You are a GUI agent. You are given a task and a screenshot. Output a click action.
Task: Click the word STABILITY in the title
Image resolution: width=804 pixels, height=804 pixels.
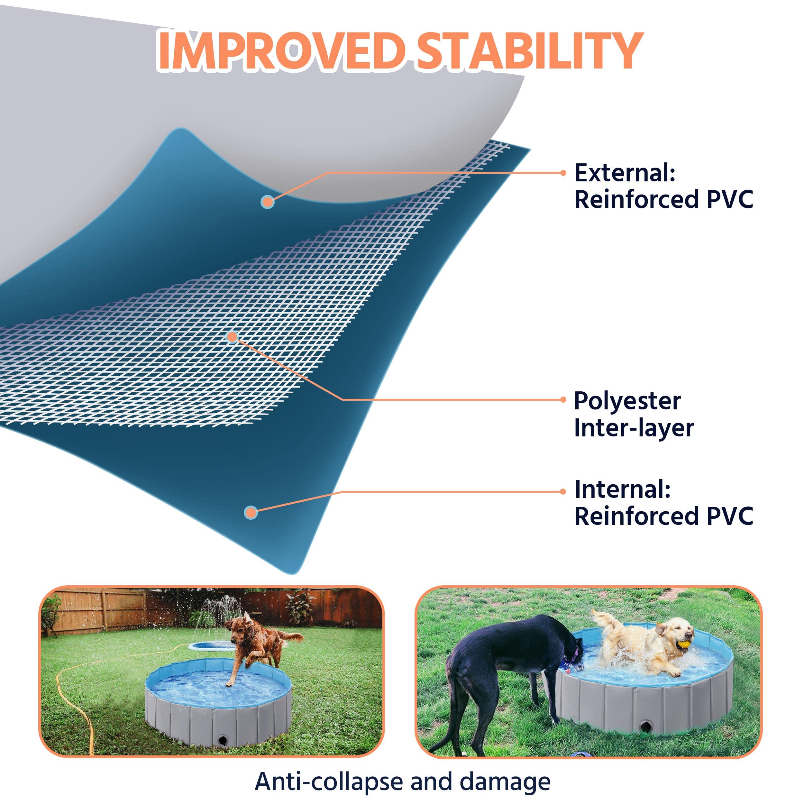coord(530,51)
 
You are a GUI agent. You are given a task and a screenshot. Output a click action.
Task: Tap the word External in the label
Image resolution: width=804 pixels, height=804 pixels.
coord(624,173)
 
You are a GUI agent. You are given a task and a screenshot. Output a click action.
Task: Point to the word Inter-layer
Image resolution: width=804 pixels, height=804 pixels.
coord(633,429)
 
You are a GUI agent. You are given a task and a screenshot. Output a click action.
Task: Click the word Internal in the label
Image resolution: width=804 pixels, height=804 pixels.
coord(623,490)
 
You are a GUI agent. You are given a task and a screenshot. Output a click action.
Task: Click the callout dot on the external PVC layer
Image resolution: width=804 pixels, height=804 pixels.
coord(268,202)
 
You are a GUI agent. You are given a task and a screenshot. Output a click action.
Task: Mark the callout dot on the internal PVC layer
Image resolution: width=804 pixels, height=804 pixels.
coord(251,513)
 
